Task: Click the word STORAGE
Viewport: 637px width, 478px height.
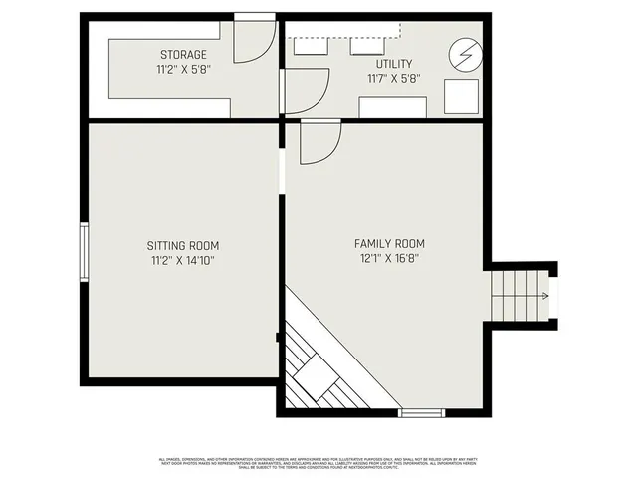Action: click(183, 54)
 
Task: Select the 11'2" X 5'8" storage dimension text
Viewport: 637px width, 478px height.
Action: click(183, 71)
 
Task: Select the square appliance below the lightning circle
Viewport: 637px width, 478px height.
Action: click(460, 97)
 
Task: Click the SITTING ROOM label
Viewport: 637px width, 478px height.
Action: click(183, 245)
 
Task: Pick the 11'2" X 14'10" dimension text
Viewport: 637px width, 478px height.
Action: click(183, 261)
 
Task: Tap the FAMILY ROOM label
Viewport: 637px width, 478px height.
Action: click(389, 244)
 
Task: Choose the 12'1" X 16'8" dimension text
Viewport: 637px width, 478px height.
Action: click(389, 260)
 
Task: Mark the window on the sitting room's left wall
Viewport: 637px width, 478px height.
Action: click(85, 253)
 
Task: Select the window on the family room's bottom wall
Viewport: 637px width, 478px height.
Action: click(421, 411)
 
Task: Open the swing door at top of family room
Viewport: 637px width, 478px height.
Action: click(318, 141)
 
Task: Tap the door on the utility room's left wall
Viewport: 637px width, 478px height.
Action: click(305, 90)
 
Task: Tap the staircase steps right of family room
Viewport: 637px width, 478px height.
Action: click(518, 297)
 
